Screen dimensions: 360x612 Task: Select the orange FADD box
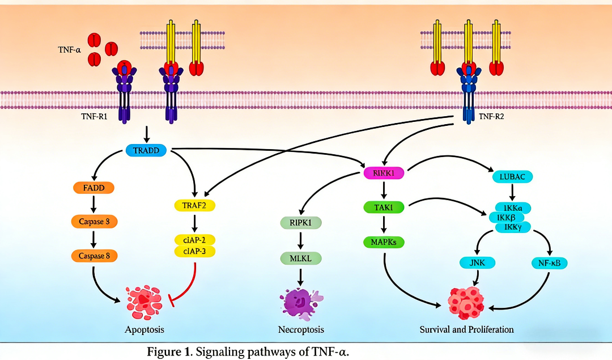[x=93, y=188]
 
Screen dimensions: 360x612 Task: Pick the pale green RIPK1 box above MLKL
[x=301, y=222]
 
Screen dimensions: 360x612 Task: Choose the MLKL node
[x=301, y=259]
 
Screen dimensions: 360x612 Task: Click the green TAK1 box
[x=385, y=208]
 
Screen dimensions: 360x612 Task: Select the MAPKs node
[x=385, y=243]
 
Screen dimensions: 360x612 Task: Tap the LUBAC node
[x=512, y=177]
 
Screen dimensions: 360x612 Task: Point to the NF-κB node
[x=550, y=262]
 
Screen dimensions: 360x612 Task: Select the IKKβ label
[x=505, y=218]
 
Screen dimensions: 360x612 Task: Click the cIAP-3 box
[x=194, y=251]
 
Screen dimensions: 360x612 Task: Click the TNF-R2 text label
[x=492, y=117]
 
